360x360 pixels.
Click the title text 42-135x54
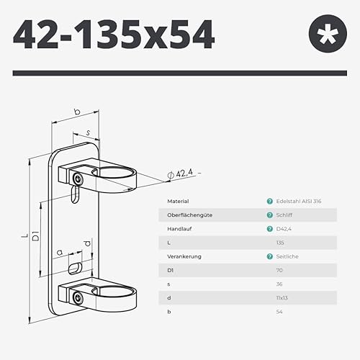pyautogui.click(x=114, y=35)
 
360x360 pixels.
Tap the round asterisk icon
pyautogui.click(x=328, y=34)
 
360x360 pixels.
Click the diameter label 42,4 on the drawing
pyautogui.click(x=184, y=173)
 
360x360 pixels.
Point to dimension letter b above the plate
pyautogui.click(x=77, y=112)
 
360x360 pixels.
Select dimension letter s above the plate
pyautogui.click(x=88, y=132)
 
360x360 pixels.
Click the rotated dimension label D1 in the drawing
pyautogui.click(x=35, y=235)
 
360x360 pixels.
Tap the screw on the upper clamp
pyautogui.click(x=78, y=179)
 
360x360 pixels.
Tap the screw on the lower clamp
pyautogui.click(x=78, y=298)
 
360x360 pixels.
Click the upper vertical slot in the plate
pyautogui.click(x=75, y=194)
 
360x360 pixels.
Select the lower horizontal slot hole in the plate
pyautogui.click(x=75, y=269)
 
